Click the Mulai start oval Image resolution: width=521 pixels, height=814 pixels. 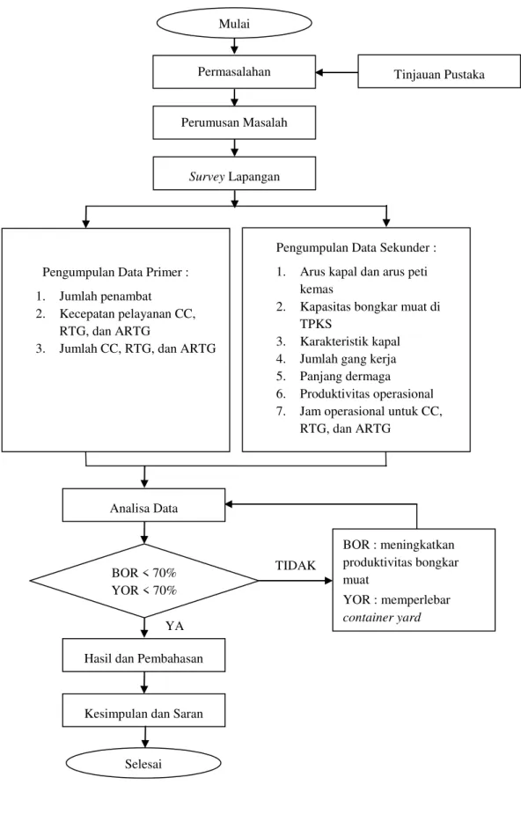(x=234, y=24)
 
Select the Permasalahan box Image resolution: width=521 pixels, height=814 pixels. (x=234, y=71)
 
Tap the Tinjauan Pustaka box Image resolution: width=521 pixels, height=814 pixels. (x=439, y=71)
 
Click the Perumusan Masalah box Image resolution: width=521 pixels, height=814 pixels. (x=234, y=122)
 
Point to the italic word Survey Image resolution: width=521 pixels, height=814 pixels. (x=207, y=177)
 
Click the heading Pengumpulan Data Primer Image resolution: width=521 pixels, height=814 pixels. (x=115, y=272)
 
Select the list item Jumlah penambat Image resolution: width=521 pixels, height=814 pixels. (x=106, y=297)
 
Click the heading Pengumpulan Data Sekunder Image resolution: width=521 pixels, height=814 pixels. (x=356, y=247)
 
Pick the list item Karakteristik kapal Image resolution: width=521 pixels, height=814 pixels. (x=349, y=341)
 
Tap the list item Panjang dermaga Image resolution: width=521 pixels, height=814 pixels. (x=345, y=377)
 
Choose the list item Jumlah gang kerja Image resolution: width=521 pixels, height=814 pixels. (x=348, y=359)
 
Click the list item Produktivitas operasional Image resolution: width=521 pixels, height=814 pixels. (x=366, y=393)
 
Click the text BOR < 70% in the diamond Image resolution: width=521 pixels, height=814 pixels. (x=143, y=573)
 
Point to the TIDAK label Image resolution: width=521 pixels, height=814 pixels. (x=296, y=565)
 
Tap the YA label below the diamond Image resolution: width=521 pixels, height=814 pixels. (x=175, y=626)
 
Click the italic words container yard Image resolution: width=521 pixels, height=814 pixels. (x=381, y=618)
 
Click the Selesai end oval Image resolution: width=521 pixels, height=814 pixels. (x=143, y=764)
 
